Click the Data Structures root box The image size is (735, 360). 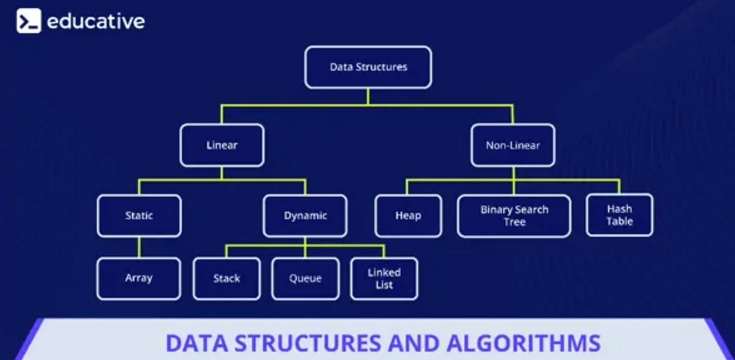point(368,67)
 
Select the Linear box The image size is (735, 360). point(222,145)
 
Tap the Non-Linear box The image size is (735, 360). point(513,145)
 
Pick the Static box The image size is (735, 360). point(139,216)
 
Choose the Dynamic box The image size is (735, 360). point(305,216)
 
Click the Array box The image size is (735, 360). point(139,278)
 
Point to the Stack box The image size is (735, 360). point(227,279)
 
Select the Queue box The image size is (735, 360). point(305,279)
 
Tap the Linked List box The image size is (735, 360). point(384,279)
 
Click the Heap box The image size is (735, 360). point(408,216)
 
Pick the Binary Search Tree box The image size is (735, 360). point(514,216)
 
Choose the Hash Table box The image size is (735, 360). point(619,215)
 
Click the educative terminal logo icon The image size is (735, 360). point(28,21)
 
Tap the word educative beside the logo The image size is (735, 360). point(96,21)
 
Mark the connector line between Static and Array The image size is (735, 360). point(139,247)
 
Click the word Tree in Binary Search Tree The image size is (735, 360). point(514,222)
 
